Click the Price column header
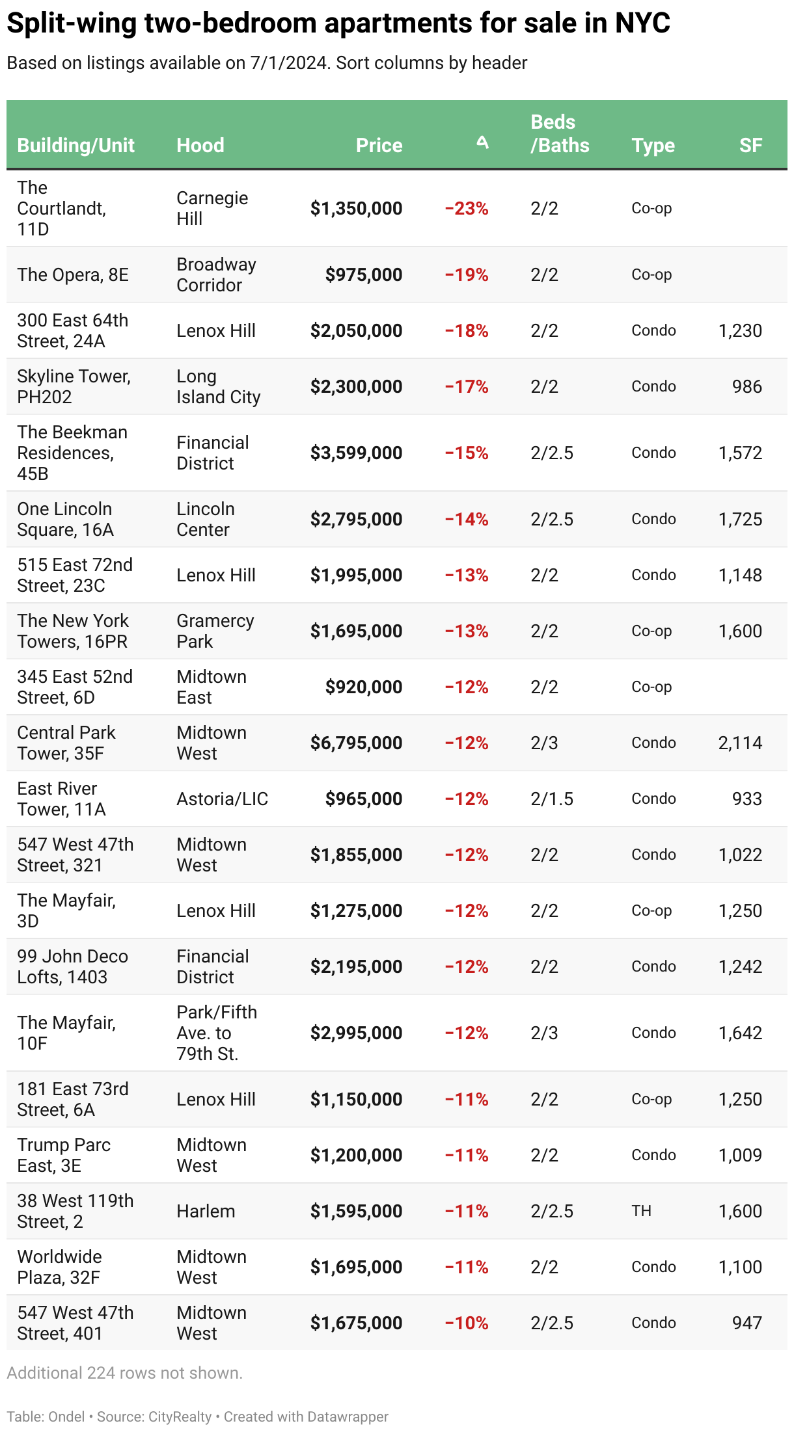pos(379,145)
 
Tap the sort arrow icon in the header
pos(482,142)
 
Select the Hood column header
pos(200,145)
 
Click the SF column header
pos(750,145)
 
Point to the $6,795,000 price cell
pos(356,743)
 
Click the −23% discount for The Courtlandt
pos(467,208)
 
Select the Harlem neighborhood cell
pos(206,1211)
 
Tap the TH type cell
pos(641,1211)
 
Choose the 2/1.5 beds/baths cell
pos(552,799)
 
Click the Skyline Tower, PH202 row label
pos(74,386)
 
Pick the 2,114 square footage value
pos(740,743)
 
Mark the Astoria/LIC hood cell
pos(223,799)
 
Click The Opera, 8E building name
pos(73,274)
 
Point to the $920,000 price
pos(364,687)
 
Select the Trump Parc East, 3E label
pos(64,1155)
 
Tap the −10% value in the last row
pos(467,1323)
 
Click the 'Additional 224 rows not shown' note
pos(125,1373)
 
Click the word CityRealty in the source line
pos(180,1416)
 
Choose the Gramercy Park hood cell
pos(215,631)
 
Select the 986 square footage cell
pos(747,386)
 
